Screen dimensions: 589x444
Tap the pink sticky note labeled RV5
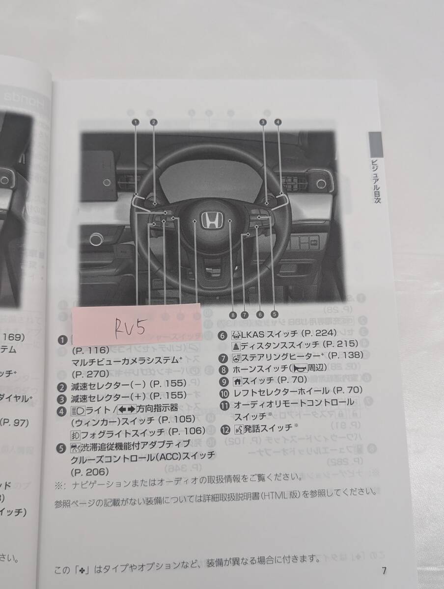coord(136,323)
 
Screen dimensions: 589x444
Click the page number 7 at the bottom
coord(384,571)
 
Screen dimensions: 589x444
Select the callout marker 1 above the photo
coord(135,121)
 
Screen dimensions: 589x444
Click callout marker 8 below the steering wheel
coord(233,315)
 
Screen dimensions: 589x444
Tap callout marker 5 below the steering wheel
coord(274,315)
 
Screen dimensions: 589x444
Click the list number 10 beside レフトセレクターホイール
coord(223,391)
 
